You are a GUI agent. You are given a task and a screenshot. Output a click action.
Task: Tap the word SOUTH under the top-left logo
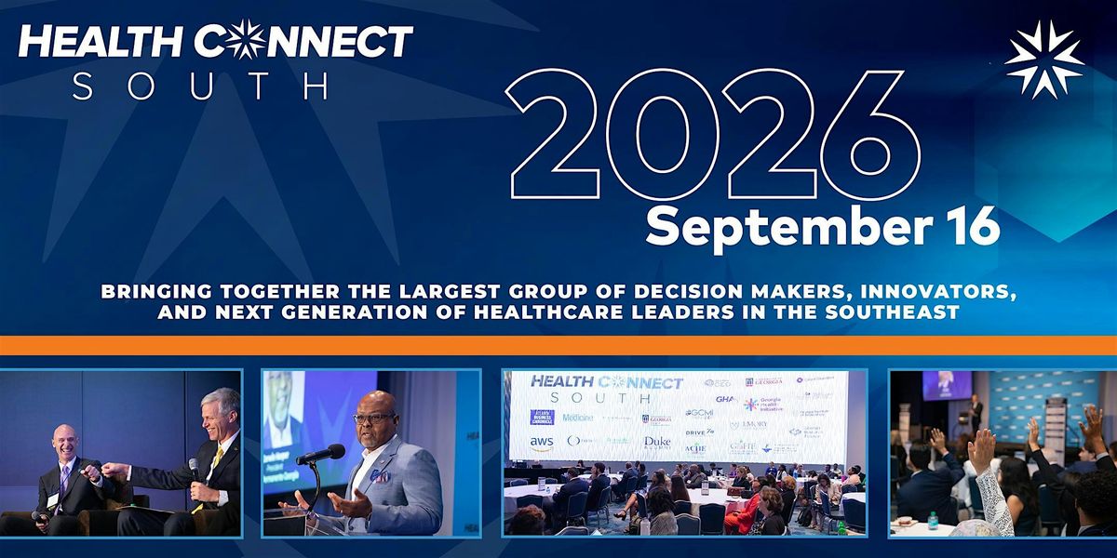[200, 86]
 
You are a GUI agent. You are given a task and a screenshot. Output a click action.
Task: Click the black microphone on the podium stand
[320, 455]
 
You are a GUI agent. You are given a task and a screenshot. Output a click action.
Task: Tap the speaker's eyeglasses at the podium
[372, 418]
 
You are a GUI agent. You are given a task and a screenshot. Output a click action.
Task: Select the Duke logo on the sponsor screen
[657, 444]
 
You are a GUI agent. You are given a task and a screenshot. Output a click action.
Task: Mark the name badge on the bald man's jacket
[54, 500]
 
